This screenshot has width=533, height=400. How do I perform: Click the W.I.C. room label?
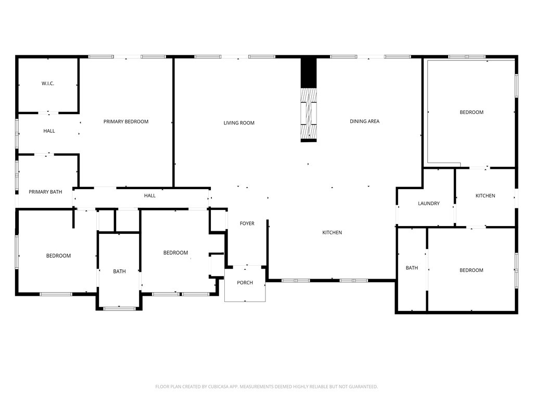pos(48,83)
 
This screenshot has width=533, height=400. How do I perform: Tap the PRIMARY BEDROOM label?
pos(126,121)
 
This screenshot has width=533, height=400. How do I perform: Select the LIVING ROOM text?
pos(239,123)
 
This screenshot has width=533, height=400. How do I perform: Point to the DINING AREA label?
pos(364,121)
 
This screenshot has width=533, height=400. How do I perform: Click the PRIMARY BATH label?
pos(45,192)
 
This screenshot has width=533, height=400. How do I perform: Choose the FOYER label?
pos(247,223)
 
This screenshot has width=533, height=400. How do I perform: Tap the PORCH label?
pos(245,283)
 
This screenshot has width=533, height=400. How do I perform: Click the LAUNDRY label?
pos(429,204)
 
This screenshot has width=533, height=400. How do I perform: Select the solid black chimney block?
pos(309,73)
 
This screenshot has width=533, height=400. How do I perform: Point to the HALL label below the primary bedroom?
pos(149,196)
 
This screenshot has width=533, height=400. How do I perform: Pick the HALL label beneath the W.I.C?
pos(49,131)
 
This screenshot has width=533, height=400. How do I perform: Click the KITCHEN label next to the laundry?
pos(485,196)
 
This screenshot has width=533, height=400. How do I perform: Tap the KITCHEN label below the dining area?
pos(332,233)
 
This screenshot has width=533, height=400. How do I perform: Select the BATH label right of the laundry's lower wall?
pos(412,268)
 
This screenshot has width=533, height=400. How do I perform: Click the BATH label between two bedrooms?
pos(119,271)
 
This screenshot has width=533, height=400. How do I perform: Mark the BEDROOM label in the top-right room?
pos(472,113)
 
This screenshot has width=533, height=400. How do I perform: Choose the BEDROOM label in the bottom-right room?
pos(472,270)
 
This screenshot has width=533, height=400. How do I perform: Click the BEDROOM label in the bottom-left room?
pos(58,256)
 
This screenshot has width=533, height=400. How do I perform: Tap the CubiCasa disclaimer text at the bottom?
pos(266,387)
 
